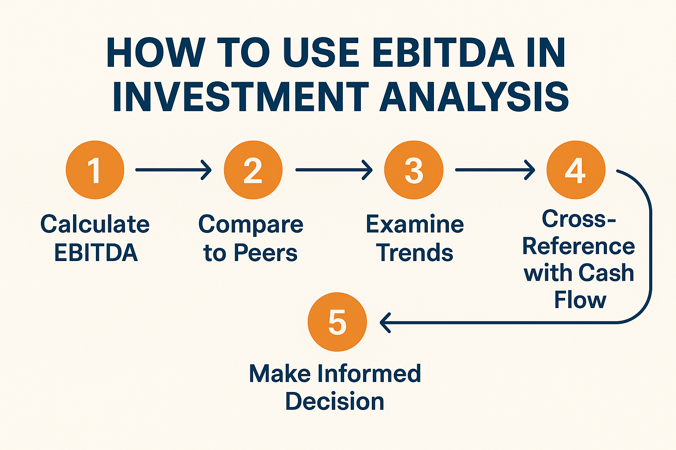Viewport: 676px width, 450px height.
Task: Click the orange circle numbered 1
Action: click(x=95, y=170)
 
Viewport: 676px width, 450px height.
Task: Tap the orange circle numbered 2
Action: click(x=253, y=170)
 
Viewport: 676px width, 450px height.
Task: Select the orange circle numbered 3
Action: click(x=414, y=170)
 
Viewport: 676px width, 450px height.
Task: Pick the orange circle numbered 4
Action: click(x=576, y=170)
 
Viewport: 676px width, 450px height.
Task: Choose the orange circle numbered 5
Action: click(x=337, y=322)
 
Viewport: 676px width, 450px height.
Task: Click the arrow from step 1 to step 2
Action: click(x=173, y=170)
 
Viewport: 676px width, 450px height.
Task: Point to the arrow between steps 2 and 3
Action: click(x=334, y=170)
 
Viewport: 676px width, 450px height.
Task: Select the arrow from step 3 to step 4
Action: click(x=495, y=170)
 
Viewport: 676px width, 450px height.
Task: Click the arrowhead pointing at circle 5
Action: click(x=385, y=323)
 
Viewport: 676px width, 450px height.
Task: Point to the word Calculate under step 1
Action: click(x=95, y=224)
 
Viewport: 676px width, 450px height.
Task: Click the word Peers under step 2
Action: click(x=265, y=253)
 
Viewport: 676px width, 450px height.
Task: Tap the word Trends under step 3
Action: click(x=415, y=253)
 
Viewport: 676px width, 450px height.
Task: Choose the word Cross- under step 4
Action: click(x=578, y=218)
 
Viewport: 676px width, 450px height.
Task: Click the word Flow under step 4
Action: click(x=580, y=300)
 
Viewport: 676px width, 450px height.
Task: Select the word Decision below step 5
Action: click(x=334, y=402)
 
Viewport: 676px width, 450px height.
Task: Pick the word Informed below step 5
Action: click(x=369, y=374)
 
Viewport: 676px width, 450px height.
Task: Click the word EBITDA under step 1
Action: click(x=96, y=253)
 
